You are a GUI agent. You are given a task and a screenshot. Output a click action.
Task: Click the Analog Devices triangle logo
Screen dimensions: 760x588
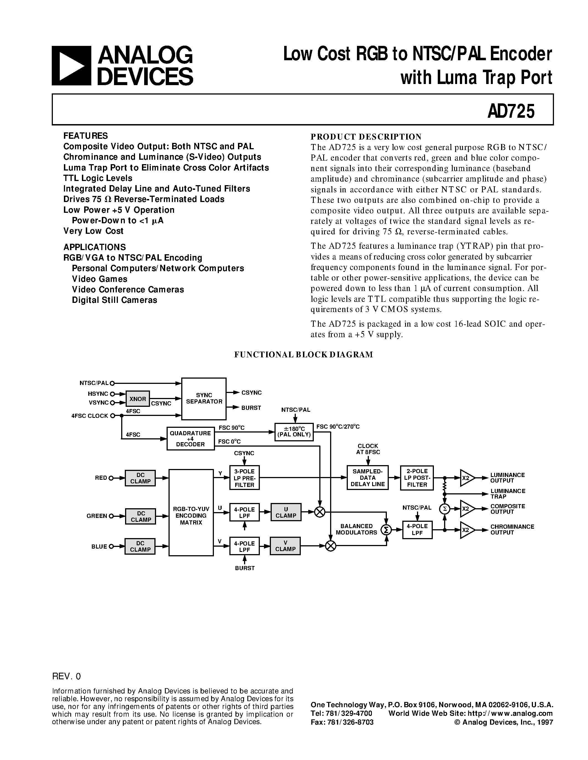point(71,66)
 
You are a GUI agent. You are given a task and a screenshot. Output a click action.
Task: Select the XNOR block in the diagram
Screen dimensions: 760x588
point(138,399)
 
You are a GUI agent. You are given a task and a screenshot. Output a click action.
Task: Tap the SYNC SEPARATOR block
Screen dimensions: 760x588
point(204,399)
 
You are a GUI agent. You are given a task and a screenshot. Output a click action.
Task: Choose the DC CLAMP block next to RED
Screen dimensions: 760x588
point(140,478)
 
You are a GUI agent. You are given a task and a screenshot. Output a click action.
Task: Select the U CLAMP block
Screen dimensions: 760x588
point(286,512)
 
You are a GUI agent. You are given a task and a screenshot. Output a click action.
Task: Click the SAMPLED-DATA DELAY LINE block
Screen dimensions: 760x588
point(367,478)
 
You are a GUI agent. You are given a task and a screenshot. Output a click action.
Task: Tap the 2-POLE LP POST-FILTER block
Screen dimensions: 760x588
point(417,478)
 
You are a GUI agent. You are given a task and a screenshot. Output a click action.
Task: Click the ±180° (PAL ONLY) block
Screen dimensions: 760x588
point(294,432)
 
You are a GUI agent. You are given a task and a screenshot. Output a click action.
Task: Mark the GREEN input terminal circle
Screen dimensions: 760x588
point(112,516)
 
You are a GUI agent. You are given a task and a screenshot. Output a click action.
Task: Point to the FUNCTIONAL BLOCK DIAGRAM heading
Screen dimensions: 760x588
point(303,355)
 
